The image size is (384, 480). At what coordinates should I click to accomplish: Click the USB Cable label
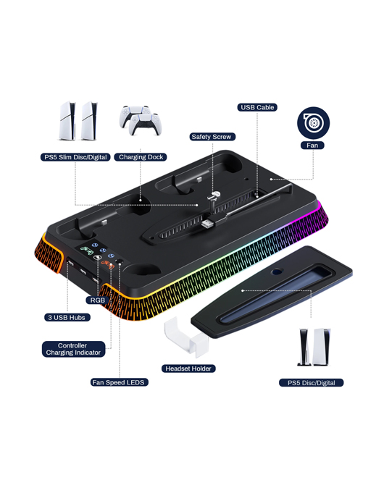point(257,107)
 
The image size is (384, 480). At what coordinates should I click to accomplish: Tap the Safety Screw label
point(212,137)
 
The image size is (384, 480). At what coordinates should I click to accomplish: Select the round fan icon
point(313,123)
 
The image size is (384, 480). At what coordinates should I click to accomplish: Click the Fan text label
point(312,146)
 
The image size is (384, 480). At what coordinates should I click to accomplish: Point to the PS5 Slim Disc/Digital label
point(75,157)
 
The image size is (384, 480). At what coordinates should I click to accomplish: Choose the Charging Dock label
point(141,157)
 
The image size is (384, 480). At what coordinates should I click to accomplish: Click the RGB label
point(98,300)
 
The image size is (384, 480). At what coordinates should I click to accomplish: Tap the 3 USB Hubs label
point(67,317)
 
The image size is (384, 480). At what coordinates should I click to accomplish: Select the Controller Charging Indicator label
point(74,349)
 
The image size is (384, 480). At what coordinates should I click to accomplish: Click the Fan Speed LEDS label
point(120,382)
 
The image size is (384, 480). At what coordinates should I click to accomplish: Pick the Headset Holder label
point(188,369)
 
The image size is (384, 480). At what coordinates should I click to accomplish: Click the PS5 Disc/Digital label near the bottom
point(311,383)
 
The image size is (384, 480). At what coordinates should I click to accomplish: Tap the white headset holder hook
point(186,336)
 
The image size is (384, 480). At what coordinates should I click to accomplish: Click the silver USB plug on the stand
point(208,223)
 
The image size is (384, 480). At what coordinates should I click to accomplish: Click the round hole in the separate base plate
point(277,271)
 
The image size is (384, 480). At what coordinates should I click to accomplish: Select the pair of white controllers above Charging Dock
point(141,120)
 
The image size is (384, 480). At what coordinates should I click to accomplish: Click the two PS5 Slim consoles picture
point(78,121)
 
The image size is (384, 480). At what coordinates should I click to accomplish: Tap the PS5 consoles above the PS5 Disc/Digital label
point(314,347)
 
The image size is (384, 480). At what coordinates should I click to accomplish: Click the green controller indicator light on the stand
point(87,250)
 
